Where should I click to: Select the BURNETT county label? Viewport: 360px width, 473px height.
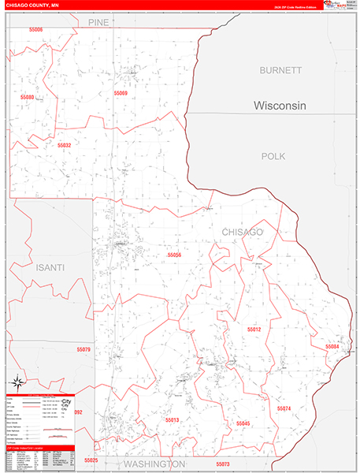point(280,70)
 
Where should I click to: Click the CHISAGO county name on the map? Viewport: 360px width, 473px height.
point(242,232)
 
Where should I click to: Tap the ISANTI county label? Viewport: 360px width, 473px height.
point(49,268)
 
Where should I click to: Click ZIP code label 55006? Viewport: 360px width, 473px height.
point(32,29)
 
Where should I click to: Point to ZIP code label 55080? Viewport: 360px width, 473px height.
point(28,97)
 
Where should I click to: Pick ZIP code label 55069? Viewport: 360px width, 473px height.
point(121,93)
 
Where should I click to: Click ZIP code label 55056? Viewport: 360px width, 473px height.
point(174,255)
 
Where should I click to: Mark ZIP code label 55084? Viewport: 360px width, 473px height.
point(332,346)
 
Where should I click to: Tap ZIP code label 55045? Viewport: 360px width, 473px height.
point(243,423)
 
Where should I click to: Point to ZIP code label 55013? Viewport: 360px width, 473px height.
point(173,420)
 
